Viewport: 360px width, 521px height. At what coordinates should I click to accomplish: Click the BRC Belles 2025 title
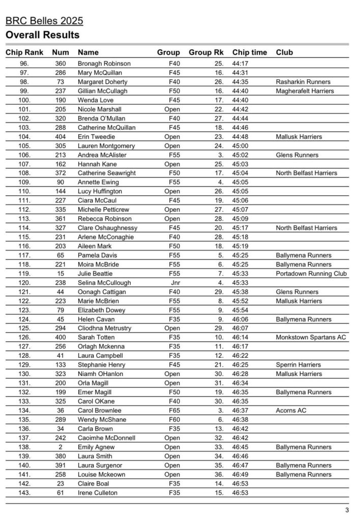(x=44, y=21)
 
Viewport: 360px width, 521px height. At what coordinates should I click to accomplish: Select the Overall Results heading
(x=42, y=35)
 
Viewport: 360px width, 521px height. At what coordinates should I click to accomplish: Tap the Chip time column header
(x=249, y=52)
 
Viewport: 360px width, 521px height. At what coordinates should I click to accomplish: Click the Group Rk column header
(x=206, y=52)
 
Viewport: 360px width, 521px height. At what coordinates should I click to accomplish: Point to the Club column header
(x=284, y=52)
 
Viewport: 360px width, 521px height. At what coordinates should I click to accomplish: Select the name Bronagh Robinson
(x=104, y=64)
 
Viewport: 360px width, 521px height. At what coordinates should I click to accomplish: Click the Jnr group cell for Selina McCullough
(x=174, y=283)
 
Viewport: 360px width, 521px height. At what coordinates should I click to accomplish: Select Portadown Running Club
(x=311, y=274)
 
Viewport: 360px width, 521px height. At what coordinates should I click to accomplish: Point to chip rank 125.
(x=24, y=329)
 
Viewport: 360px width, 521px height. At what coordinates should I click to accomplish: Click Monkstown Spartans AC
(x=311, y=337)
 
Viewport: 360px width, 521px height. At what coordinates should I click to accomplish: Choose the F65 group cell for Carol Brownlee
(x=174, y=411)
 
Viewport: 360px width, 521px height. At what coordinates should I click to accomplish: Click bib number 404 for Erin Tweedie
(x=61, y=137)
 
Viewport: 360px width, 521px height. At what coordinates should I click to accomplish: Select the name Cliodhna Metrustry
(x=104, y=329)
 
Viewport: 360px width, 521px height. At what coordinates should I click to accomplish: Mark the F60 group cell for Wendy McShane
(x=174, y=420)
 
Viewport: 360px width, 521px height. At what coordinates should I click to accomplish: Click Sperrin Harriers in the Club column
(x=298, y=365)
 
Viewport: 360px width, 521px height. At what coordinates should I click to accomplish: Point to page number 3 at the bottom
(x=347, y=510)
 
